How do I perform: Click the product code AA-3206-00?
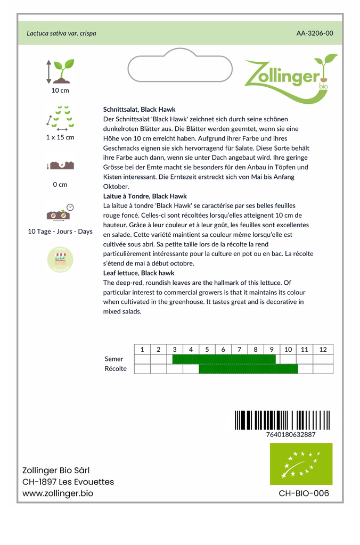(x=315, y=33)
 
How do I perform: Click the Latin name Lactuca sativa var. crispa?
(x=61, y=33)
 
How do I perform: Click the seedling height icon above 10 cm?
(x=60, y=71)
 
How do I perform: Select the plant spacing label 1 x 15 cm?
(x=60, y=137)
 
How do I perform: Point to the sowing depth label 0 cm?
(x=60, y=185)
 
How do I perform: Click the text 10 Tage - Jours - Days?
(x=60, y=232)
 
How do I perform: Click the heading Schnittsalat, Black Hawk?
(x=139, y=109)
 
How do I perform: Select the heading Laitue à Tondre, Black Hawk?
(x=145, y=196)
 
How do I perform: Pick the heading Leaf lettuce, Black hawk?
(x=138, y=273)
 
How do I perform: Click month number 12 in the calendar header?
(x=323, y=350)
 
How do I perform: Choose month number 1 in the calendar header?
(x=142, y=350)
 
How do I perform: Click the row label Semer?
(x=114, y=359)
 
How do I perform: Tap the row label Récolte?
(x=116, y=369)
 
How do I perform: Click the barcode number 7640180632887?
(x=290, y=434)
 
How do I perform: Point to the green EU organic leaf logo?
(x=301, y=464)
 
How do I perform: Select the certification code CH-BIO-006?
(x=304, y=493)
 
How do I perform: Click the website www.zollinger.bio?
(x=58, y=493)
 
